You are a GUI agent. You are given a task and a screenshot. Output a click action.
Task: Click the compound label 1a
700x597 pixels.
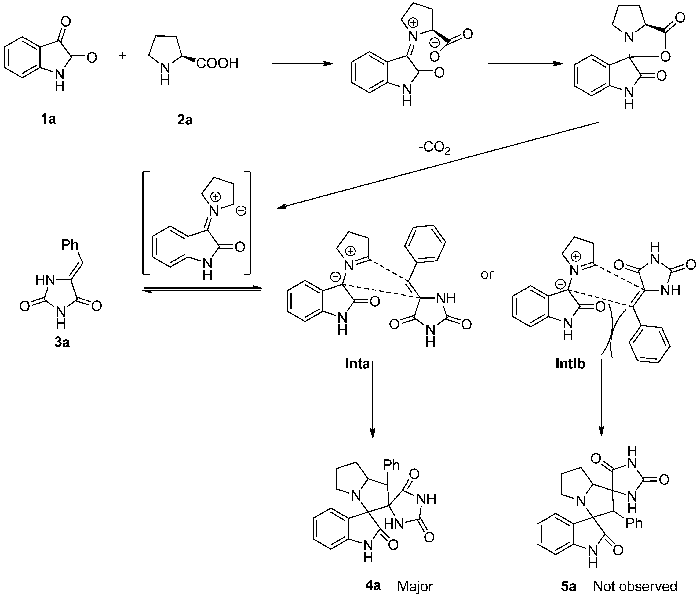(x=48, y=119)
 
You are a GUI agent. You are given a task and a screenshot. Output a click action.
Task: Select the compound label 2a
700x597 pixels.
(x=185, y=120)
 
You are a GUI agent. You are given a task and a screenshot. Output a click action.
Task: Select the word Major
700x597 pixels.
(x=415, y=587)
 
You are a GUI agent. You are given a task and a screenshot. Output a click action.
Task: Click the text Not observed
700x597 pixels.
(x=635, y=587)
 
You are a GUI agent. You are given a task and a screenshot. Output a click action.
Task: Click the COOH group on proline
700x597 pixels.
(x=217, y=63)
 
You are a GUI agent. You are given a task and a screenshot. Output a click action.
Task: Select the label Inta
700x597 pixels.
(x=357, y=364)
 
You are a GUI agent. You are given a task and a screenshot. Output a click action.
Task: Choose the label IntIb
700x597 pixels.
(x=570, y=364)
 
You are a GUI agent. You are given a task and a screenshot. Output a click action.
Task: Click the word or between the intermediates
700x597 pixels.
(x=487, y=275)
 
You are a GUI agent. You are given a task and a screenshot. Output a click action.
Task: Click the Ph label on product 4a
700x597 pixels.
(x=391, y=465)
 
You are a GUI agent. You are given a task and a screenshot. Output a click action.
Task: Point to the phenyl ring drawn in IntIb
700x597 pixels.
(x=649, y=344)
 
